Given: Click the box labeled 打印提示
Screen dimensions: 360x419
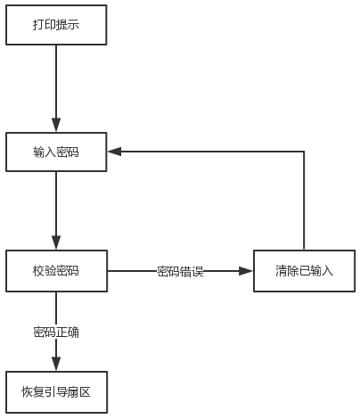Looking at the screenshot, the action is (x=56, y=25).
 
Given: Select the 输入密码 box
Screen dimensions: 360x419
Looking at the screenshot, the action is (x=56, y=152).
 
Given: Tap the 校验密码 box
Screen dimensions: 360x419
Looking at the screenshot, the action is (x=56, y=271).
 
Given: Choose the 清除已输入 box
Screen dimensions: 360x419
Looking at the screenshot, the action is (x=304, y=271).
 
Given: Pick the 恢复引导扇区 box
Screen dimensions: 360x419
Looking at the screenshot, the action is (x=56, y=392).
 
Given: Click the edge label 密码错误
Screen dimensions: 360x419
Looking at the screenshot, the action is (x=180, y=271).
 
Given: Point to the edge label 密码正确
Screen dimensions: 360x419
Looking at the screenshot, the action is (x=56, y=333).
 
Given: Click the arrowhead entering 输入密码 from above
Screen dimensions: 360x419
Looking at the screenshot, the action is (x=56, y=125).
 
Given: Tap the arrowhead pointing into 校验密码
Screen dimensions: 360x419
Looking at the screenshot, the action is (x=56, y=242).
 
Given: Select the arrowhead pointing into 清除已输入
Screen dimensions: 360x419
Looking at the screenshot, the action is (x=246, y=271).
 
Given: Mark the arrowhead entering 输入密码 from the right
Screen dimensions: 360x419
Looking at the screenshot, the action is (x=114, y=152).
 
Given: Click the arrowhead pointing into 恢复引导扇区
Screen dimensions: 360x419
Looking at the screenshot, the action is (x=56, y=364).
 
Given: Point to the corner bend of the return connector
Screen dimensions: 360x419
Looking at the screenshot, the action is (x=304, y=152).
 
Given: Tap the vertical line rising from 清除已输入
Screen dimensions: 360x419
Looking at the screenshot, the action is (x=304, y=201).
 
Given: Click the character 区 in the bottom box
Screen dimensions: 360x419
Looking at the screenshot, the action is (x=86, y=392).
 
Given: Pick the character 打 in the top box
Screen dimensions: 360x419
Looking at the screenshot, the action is (x=38, y=25).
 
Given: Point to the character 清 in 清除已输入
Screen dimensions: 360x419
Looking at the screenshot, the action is (x=281, y=271).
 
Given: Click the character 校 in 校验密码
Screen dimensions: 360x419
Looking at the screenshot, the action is (x=38, y=271).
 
